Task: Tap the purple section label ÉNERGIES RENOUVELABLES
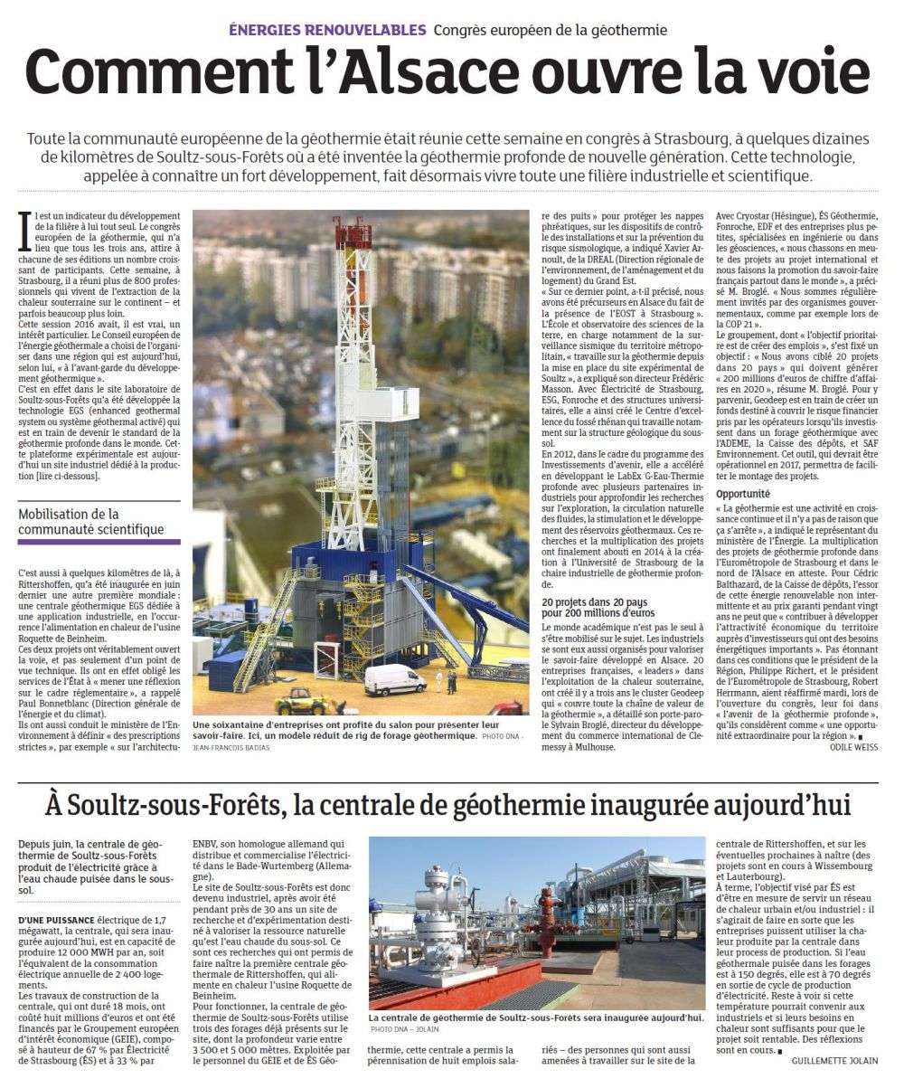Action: [326, 30]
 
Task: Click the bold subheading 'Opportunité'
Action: [742, 495]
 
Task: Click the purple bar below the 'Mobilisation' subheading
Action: [99, 543]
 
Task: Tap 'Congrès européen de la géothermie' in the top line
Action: [550, 30]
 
